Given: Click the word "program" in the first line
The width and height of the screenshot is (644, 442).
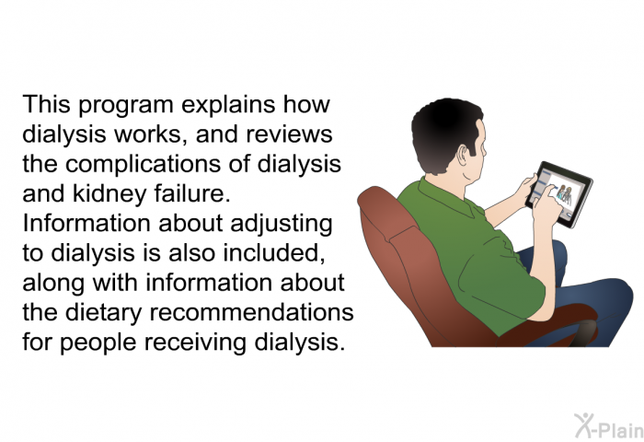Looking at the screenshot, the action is (126, 106).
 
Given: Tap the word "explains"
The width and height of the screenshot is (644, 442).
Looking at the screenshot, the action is (228, 105).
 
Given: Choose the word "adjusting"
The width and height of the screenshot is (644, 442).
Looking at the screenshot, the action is (281, 224).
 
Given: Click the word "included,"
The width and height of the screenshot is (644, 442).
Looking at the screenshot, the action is (274, 253).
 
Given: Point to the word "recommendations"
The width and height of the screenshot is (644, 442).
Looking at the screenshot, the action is (251, 312).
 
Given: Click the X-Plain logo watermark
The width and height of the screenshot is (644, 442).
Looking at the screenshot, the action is (609, 425).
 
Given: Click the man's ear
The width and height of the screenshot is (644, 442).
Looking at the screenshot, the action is (463, 155).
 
